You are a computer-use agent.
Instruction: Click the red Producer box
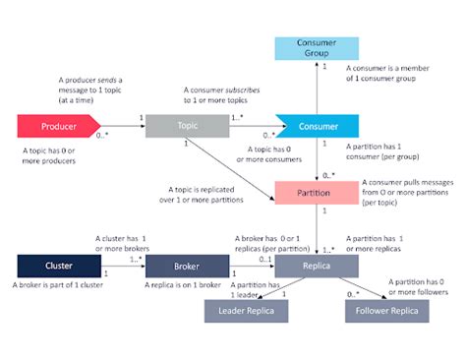(58, 126)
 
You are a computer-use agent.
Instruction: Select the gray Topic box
(188, 126)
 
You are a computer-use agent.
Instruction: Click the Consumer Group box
(316, 48)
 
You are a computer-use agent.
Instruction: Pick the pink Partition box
(316, 192)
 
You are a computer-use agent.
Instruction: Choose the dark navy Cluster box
(58, 266)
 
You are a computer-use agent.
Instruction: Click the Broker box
(188, 266)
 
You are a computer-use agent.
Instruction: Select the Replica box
(316, 266)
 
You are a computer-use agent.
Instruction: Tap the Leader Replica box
(246, 312)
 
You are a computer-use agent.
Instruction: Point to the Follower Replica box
(386, 312)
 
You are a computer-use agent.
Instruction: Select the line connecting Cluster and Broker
(122, 266)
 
